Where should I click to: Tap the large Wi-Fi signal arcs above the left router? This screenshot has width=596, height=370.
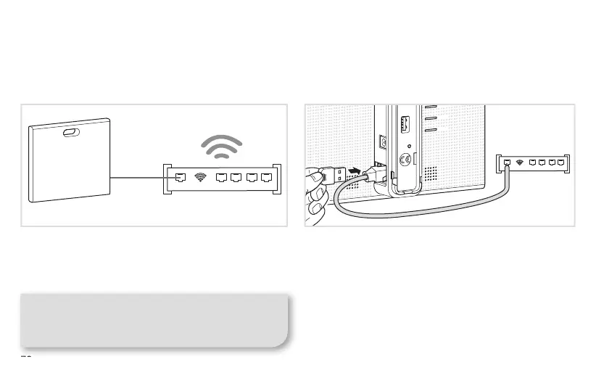tap(221, 147)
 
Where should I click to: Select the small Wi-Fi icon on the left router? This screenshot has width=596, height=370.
tap(201, 176)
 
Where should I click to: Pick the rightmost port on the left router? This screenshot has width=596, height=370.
tap(267, 176)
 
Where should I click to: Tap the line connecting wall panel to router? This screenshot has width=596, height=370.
tap(138, 176)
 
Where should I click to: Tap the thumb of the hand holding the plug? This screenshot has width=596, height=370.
tap(315, 176)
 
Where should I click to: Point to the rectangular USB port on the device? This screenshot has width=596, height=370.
tap(406, 124)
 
